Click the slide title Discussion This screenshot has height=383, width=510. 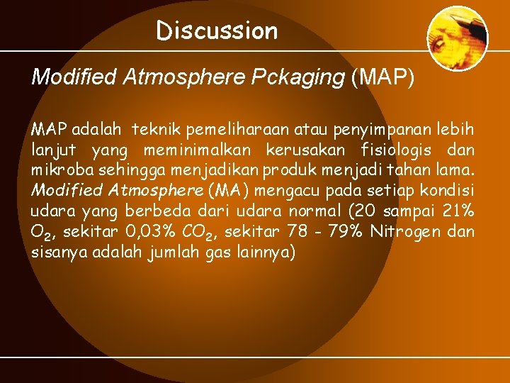coord(217,30)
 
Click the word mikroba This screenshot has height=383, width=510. coord(57,170)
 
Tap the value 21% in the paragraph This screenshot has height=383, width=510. coord(458,211)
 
